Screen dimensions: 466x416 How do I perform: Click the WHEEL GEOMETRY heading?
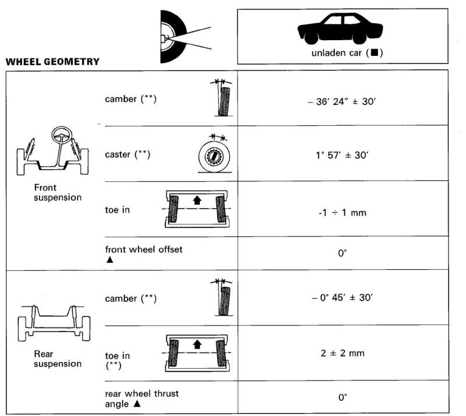pyautogui.click(x=52, y=62)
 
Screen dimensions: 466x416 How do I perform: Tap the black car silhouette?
pyautogui.click(x=340, y=29)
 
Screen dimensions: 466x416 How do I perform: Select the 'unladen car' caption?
pyautogui.click(x=336, y=53)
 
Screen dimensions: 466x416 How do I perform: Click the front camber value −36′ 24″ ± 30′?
pyautogui.click(x=342, y=101)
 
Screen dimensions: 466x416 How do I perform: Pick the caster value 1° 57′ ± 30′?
pyautogui.click(x=342, y=155)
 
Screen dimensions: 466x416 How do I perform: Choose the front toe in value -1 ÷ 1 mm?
pyautogui.click(x=342, y=213)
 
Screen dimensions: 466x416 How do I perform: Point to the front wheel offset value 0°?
pyautogui.click(x=343, y=253)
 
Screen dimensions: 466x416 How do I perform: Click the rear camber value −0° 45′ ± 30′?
pyautogui.click(x=342, y=297)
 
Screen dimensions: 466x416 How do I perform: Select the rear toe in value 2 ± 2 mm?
pyautogui.click(x=343, y=353)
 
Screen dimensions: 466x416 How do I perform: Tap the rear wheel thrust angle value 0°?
pyautogui.click(x=343, y=397)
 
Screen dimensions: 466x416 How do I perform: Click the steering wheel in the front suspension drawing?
pyautogui.click(x=62, y=135)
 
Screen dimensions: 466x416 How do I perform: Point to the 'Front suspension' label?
pyautogui.click(x=57, y=192)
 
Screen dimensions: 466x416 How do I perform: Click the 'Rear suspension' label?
pyautogui.click(x=57, y=358)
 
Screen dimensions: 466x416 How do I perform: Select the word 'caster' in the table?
pyautogui.click(x=118, y=154)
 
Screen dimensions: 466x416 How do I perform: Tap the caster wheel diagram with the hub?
pyautogui.click(x=214, y=157)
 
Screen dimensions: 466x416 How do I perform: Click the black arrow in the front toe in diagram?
pyautogui.click(x=197, y=200)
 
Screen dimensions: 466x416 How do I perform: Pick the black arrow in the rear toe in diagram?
pyautogui.click(x=197, y=344)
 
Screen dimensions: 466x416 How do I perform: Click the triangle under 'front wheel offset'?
pyautogui.click(x=110, y=260)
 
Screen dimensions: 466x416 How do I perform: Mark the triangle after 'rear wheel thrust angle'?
pyautogui.click(x=137, y=404)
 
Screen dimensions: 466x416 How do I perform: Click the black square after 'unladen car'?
pyautogui.click(x=375, y=52)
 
